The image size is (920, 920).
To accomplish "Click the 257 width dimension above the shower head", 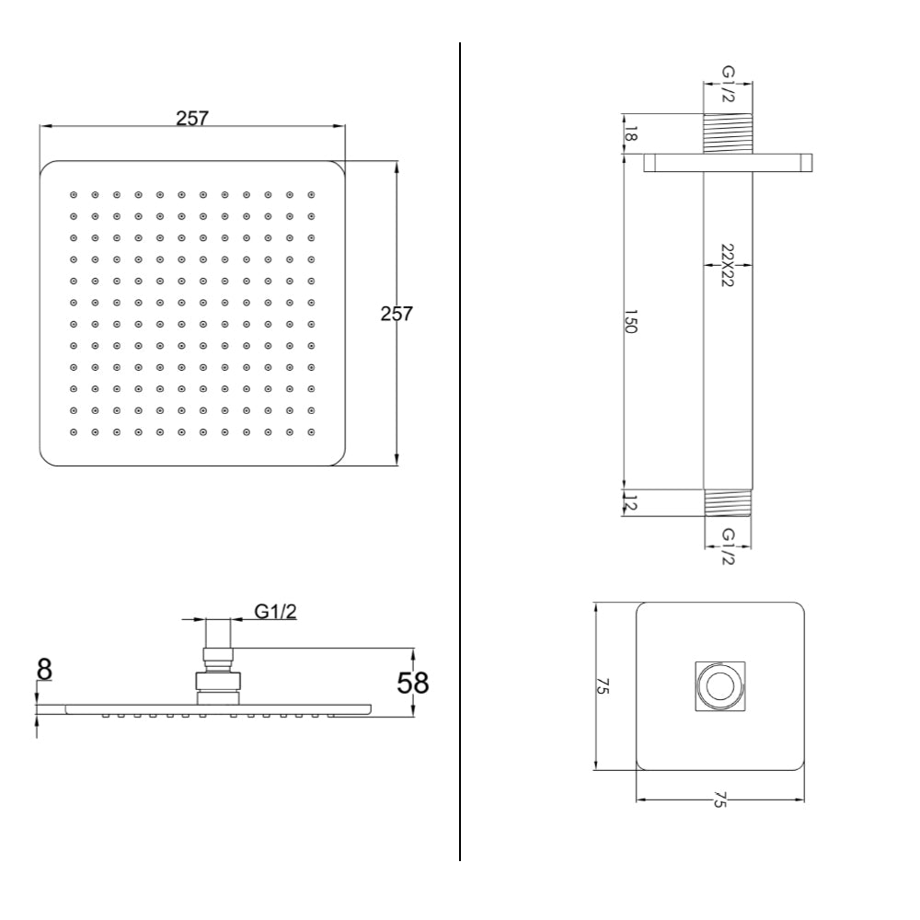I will (x=192, y=118).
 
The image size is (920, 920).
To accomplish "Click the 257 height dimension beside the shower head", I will (x=397, y=314).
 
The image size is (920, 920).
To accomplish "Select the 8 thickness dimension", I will (x=43, y=669).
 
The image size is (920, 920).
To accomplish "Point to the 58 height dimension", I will (x=413, y=683).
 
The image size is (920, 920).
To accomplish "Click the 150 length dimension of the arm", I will (x=630, y=323).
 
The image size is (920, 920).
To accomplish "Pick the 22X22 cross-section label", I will (x=727, y=266).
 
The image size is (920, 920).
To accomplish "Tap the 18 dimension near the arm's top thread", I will (x=630, y=134).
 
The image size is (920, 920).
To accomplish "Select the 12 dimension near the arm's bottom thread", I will (x=630, y=502).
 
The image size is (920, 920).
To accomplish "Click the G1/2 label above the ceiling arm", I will (x=728, y=84).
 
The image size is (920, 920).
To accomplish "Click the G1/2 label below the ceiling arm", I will (x=728, y=546).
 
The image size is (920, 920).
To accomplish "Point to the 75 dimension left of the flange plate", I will (x=602, y=685).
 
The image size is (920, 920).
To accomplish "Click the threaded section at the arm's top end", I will (x=728, y=133).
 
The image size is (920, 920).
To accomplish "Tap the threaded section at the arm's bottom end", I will (x=728, y=502).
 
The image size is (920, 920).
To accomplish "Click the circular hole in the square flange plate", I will (x=719, y=686).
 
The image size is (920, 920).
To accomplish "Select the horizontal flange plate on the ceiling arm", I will (x=728, y=164).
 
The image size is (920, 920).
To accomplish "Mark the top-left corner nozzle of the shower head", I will (x=74, y=195).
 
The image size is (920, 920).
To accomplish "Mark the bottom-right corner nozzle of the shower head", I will (x=312, y=431).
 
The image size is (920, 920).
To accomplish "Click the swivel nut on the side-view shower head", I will (x=217, y=682).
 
